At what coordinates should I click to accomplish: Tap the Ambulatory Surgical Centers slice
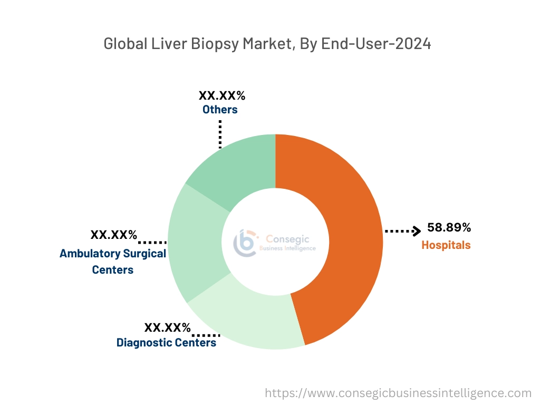(195, 243)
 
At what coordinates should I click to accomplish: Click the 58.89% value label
(449, 228)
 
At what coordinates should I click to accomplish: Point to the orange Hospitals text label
(446, 245)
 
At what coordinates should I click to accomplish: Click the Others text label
(220, 110)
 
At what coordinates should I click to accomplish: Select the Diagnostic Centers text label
(166, 343)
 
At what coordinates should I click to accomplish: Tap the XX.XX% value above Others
(222, 96)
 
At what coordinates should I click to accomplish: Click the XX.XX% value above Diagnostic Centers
(168, 327)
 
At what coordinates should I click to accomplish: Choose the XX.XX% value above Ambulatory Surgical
(114, 235)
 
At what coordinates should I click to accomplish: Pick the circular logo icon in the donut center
(245, 243)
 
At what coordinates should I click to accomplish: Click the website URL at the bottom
(398, 393)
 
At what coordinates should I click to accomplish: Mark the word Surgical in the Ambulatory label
(144, 253)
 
